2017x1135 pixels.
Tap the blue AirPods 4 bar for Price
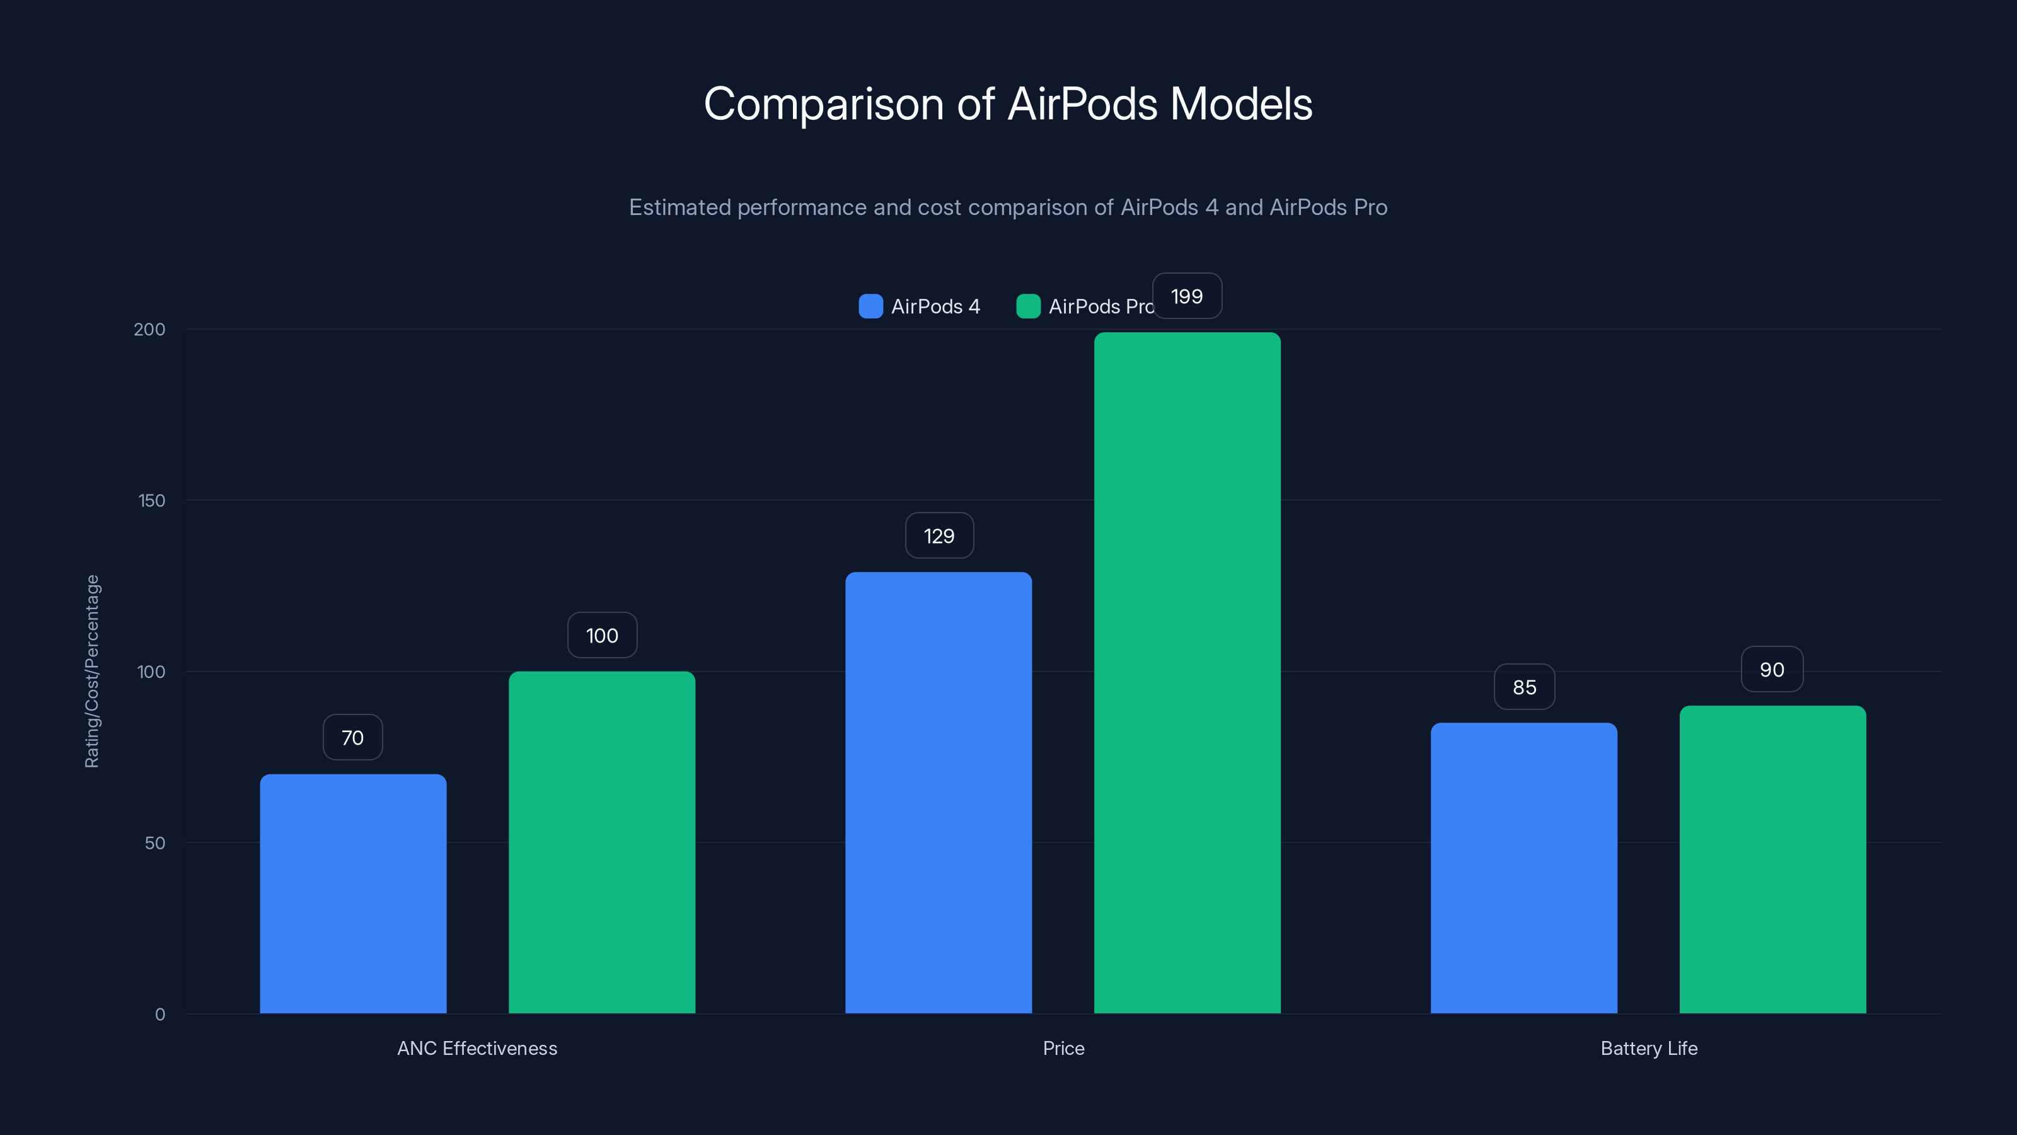938,792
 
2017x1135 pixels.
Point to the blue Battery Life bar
1523,867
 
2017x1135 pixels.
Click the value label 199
1187,296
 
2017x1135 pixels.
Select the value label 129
939,536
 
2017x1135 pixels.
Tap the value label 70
352,737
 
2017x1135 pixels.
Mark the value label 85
1523,687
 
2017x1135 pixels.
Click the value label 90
1772,670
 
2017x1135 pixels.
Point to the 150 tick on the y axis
152,501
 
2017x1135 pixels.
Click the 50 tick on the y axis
155,843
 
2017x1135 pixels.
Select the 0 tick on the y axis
159,1015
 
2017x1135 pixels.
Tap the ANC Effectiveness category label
477,1048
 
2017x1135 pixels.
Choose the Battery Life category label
1648,1048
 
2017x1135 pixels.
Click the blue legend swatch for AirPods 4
870,306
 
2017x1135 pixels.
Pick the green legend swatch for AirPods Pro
1028,306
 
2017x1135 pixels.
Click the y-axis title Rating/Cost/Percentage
93,672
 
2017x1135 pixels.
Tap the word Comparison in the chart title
823,104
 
